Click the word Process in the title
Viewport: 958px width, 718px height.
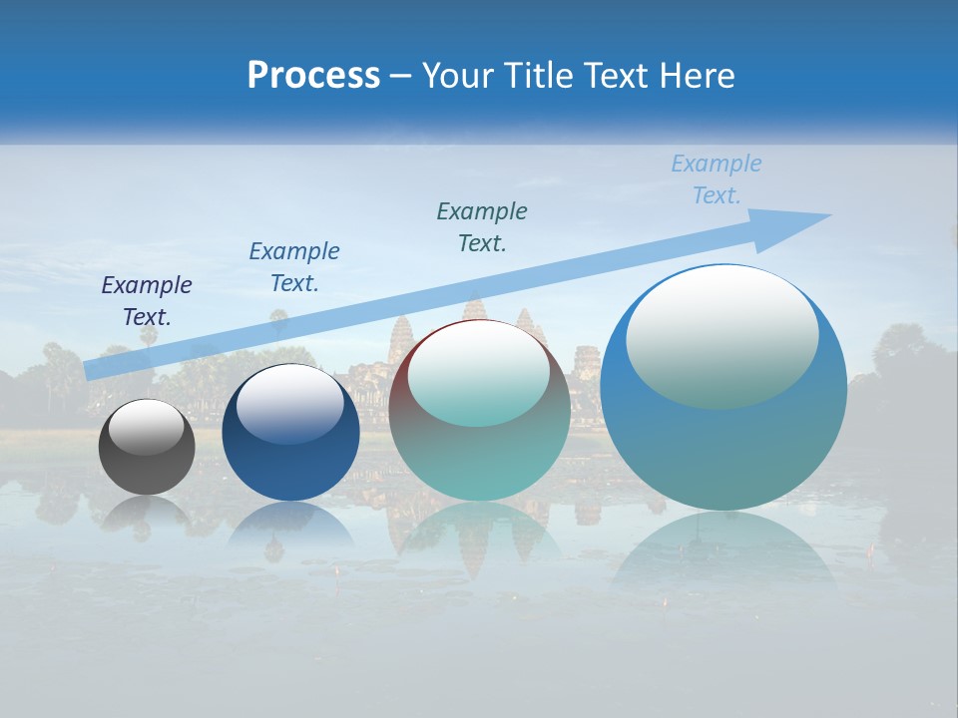[313, 76]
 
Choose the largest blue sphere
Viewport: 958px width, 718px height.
[723, 439]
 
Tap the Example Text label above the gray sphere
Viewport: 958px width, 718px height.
[147, 301]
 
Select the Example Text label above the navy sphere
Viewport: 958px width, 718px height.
[294, 267]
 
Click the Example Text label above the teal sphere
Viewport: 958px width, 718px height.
[482, 227]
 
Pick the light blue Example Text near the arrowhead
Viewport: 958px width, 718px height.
[717, 179]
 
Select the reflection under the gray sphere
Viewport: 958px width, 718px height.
[147, 513]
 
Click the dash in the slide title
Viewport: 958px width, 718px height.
[400, 76]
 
